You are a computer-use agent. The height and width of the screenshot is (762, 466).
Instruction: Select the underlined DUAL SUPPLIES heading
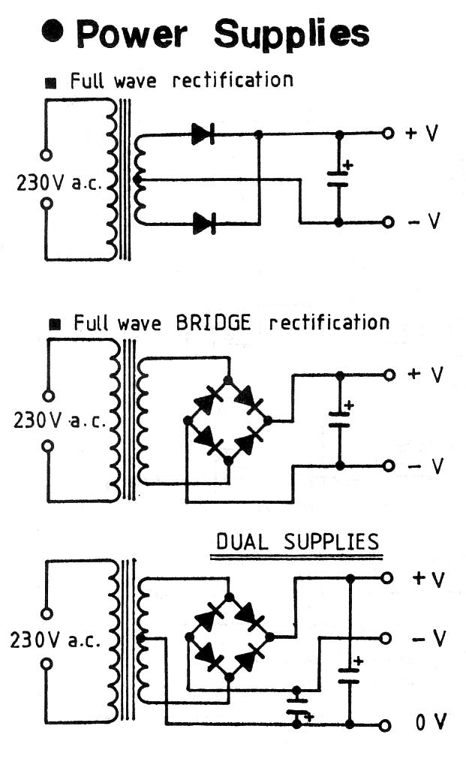coord(297,542)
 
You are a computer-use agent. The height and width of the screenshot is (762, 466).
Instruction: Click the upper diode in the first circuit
coord(203,134)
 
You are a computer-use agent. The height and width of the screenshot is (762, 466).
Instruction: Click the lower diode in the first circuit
coord(203,223)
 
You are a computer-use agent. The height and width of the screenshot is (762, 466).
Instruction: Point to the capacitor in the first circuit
coord(338,179)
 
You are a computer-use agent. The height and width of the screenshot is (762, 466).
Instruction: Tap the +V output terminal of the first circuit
coord(387,134)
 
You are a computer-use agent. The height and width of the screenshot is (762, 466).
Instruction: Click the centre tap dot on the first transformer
coord(137,179)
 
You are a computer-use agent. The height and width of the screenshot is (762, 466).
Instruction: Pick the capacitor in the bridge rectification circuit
coord(339,419)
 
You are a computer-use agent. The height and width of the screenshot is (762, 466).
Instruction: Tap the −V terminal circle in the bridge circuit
coord(388,465)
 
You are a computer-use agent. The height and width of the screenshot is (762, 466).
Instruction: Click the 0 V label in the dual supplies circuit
coord(431,724)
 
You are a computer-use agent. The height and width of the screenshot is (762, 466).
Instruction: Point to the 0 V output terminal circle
coord(386,725)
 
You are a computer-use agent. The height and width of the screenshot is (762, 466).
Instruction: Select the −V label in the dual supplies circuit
coord(429,638)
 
